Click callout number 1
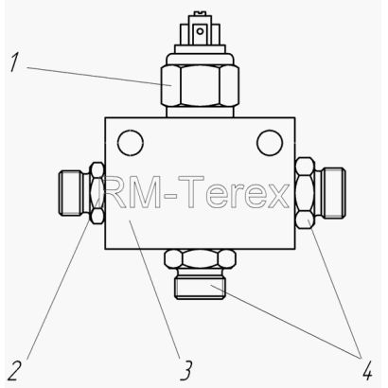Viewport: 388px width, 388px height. coord(13,62)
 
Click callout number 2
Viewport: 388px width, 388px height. coord(14,371)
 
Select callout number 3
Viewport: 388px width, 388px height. coord(186,371)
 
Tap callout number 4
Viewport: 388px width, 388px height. coord(367,371)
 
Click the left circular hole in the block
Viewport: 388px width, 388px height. coord(131,143)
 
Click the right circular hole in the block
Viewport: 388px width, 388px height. coord(270,143)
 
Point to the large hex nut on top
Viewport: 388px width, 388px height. coord(200,85)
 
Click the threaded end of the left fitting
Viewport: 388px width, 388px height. coord(71,193)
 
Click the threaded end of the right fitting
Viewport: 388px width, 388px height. coord(334,193)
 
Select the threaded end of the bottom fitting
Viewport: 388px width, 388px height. coord(200,288)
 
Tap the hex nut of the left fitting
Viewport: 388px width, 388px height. coord(97,193)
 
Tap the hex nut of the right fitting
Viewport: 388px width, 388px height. coord(306,193)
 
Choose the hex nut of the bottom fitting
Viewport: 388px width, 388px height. coord(200,258)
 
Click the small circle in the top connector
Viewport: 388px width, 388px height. coord(200,31)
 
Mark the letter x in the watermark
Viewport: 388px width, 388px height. coord(276,197)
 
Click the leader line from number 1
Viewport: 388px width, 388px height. coord(99,76)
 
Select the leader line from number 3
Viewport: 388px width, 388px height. coord(154,290)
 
